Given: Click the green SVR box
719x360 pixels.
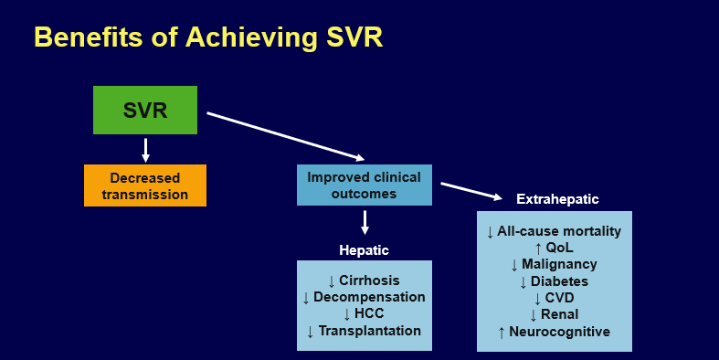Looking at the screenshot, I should pos(145,111).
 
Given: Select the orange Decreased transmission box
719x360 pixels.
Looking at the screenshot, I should pos(145,185).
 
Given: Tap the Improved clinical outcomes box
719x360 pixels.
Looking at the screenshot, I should pos(365,185).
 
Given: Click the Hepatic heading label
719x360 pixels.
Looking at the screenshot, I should pos(365,249).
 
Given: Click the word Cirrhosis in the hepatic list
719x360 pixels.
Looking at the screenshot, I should pos(369,281).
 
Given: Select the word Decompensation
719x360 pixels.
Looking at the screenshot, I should pos(369,297).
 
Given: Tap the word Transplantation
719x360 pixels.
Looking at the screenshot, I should pos(369,331).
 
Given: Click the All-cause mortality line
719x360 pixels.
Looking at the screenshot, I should pos(559,231).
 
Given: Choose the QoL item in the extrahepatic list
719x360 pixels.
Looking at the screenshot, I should pos(561,248).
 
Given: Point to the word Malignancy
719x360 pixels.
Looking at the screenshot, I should pos(560,264).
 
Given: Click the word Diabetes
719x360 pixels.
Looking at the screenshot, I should pos(560,281).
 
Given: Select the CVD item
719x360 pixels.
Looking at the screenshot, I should pos(561,298).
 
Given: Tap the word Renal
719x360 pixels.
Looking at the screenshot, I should pos(560,314).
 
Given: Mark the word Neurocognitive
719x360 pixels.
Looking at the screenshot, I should pos(560,332).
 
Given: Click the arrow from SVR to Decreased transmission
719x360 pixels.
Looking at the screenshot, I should pos(145,149).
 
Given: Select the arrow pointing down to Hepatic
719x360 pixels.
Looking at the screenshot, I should pos(365,222).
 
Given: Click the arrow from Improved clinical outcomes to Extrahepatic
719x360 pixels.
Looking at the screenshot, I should pos(471,190).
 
